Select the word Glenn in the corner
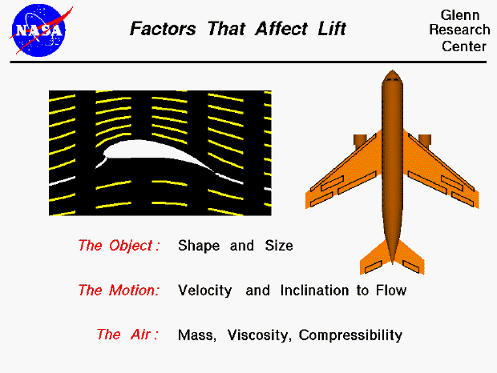click(463, 15)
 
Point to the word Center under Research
click(464, 46)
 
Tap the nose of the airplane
click(392, 78)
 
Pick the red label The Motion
click(118, 291)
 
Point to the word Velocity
click(205, 291)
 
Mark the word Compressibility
click(350, 335)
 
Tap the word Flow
click(391, 291)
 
